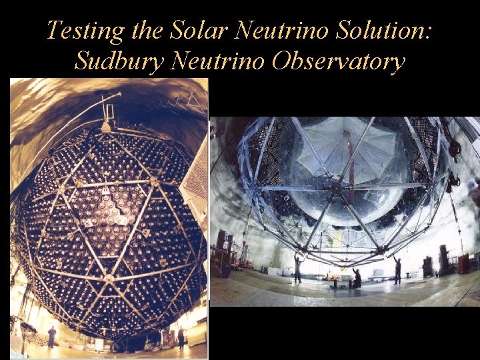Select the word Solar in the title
tap(193, 31)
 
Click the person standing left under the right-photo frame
tap(297, 267)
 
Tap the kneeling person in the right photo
tap(357, 279)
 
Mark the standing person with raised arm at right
tap(397, 269)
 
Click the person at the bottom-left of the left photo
tap(51, 337)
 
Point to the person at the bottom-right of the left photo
tap(181, 337)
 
